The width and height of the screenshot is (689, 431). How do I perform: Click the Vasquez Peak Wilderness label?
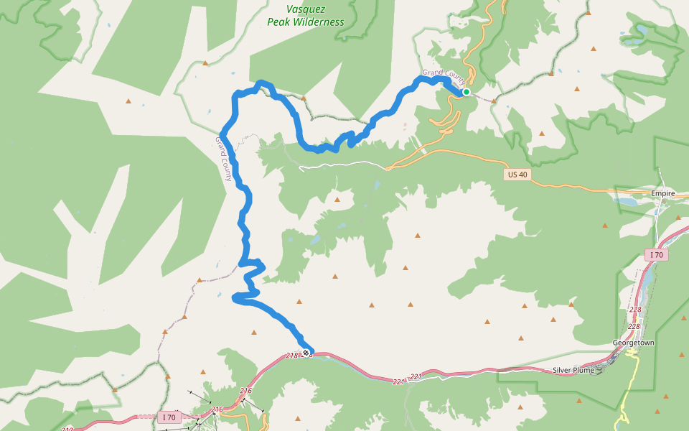[x=305, y=16]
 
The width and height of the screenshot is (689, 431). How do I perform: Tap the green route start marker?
[x=466, y=92]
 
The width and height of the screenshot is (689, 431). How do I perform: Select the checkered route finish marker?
[x=306, y=352]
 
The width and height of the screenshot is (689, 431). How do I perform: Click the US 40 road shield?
[x=517, y=175]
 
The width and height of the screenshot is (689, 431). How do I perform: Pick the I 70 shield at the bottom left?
[x=169, y=417]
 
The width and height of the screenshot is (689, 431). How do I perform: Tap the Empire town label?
[x=663, y=194]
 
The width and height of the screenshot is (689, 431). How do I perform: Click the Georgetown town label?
[x=634, y=343]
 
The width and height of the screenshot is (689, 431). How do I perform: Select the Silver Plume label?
[x=573, y=371]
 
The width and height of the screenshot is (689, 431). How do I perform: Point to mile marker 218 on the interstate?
[x=291, y=356]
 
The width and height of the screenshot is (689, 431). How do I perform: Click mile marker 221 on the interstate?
[x=416, y=376]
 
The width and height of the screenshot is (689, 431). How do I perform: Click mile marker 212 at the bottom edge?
[x=67, y=430]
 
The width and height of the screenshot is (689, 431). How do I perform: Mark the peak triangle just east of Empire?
[x=678, y=216]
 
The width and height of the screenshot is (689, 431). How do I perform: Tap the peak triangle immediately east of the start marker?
[x=494, y=101]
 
